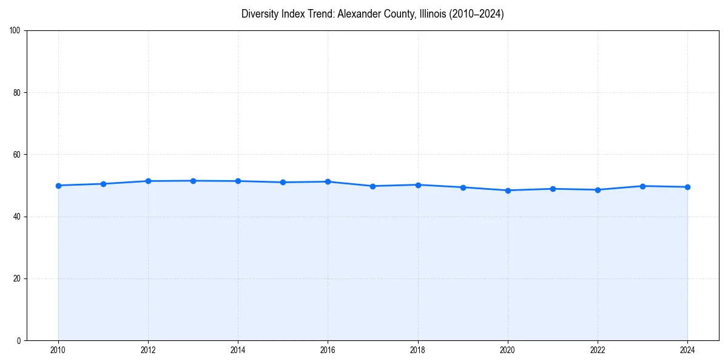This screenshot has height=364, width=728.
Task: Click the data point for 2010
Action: tap(58, 186)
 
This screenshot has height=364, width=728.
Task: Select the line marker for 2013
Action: tap(193, 181)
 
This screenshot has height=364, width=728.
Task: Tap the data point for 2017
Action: tap(372, 186)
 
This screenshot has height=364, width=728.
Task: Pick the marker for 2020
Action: tap(508, 190)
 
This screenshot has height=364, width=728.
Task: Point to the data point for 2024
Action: tap(687, 187)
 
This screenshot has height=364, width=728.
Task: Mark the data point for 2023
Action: tap(642, 186)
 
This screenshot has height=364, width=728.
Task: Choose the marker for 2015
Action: tap(283, 182)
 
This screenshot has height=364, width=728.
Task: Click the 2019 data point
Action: tap(463, 187)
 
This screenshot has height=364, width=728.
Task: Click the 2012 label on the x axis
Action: tap(148, 349)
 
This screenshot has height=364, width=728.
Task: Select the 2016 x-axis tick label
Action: tap(328, 349)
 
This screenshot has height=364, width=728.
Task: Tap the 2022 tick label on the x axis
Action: tap(598, 349)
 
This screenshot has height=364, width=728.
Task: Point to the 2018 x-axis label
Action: tap(417, 349)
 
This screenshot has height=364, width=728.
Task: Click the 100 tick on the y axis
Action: tap(15, 31)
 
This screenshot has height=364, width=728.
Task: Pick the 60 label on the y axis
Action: tap(17, 155)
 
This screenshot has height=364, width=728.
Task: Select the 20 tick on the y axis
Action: tap(17, 278)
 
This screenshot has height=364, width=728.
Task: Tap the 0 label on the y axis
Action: tap(19, 340)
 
